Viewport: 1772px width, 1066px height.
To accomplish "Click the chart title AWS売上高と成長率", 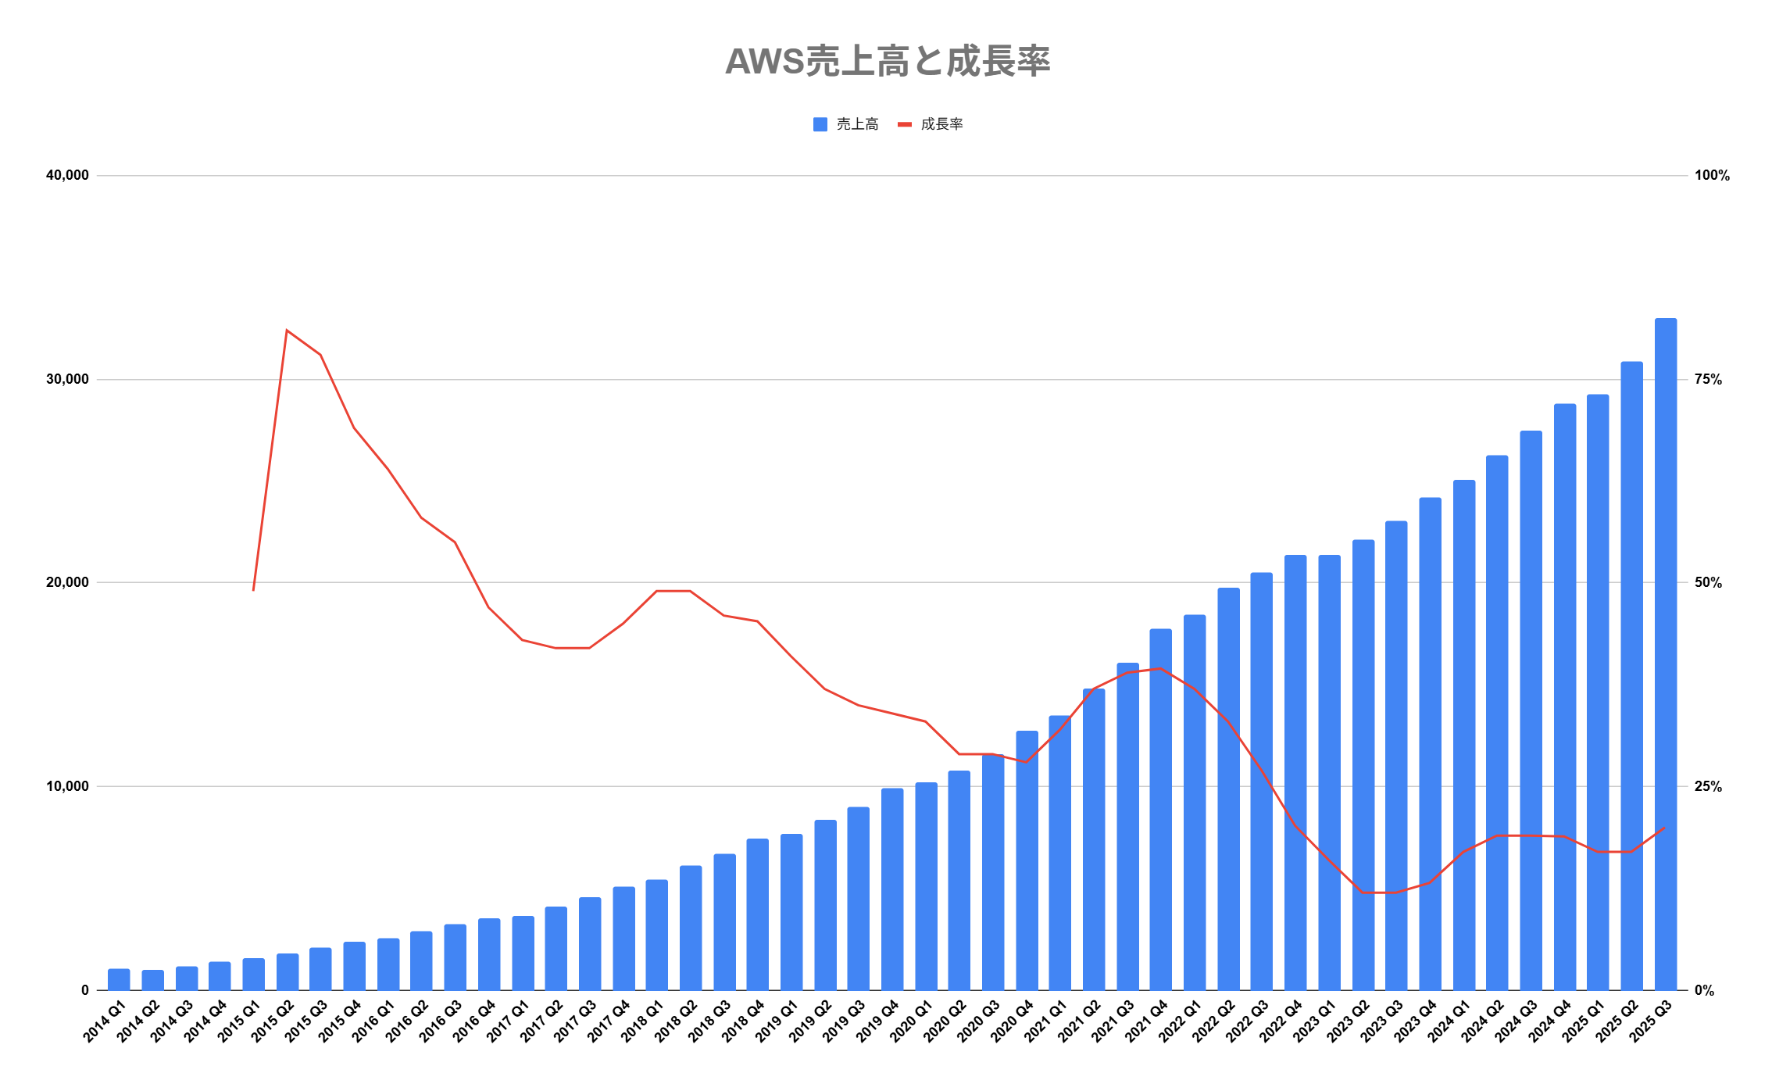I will click(887, 62).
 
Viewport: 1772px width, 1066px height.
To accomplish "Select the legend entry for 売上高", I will click(847, 124).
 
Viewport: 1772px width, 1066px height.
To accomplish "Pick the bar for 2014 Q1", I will click(119, 979).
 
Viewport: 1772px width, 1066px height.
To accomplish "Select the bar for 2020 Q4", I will click(1027, 860).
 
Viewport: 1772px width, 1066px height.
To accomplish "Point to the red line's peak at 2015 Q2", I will click(287, 330).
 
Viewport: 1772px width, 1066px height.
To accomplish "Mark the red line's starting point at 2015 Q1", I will click(253, 590).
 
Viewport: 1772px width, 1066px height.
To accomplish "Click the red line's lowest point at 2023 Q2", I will click(1363, 893).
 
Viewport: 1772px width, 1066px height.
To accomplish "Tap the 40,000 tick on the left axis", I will click(68, 175).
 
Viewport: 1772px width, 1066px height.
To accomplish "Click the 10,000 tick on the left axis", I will click(68, 786).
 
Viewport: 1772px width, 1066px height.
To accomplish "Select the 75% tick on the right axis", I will click(1708, 380).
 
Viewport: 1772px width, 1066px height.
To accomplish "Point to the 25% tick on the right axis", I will click(1708, 786).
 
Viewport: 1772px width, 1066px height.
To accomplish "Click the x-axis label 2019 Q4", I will click(879, 1021).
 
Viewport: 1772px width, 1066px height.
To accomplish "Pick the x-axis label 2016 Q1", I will click(375, 1021).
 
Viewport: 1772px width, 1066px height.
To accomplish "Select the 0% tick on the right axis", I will click(1704, 990).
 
